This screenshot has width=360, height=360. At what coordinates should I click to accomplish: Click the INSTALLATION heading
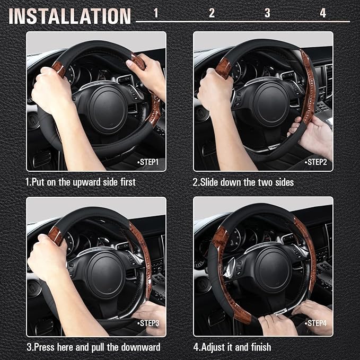[69, 16]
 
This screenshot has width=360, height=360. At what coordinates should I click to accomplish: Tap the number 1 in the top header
[155, 13]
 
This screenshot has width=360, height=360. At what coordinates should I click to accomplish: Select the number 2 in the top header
[212, 13]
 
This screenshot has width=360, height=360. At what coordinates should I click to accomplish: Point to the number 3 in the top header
[267, 13]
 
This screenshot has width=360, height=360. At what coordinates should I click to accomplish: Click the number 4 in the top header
[323, 13]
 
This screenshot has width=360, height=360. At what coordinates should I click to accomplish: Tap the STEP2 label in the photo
[317, 162]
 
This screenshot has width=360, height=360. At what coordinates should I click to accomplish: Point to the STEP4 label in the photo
[317, 322]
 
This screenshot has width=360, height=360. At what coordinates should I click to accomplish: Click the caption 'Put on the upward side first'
[81, 182]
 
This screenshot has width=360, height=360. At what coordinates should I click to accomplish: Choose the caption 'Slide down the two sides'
[243, 182]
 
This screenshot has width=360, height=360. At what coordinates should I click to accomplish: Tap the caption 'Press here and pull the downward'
[93, 347]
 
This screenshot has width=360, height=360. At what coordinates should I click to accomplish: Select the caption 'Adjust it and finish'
[232, 347]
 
